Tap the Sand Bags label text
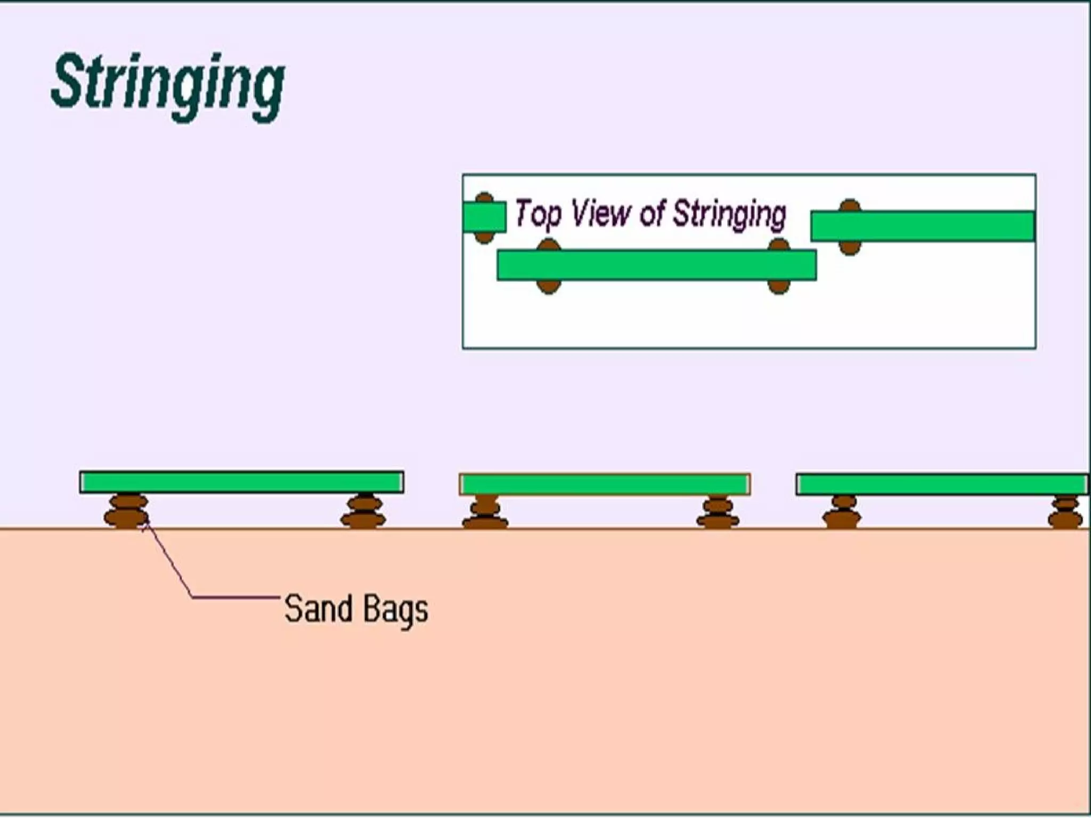[356, 609]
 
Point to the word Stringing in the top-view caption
[729, 214]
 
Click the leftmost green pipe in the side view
[242, 482]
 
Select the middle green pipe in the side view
[605, 485]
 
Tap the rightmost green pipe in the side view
[942, 485]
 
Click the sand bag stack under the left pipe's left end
[127, 511]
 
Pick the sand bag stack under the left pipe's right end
[364, 511]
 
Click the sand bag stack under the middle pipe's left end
[485, 512]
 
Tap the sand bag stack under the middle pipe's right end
[718, 512]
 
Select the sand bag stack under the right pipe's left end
[842, 512]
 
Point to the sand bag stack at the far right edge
[1065, 512]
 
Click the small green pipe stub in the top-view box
[484, 217]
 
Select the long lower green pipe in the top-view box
[656, 265]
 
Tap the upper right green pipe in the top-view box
[923, 226]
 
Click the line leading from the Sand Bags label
[234, 598]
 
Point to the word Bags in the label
[397, 610]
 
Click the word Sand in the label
[319, 608]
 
